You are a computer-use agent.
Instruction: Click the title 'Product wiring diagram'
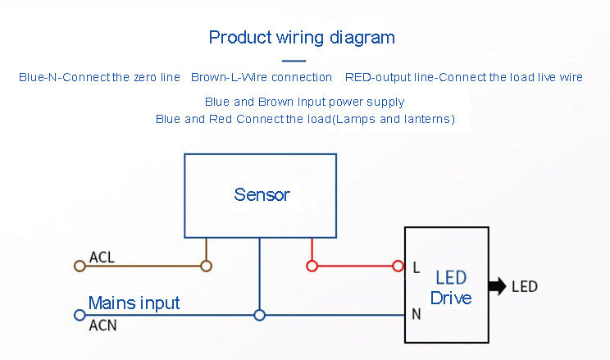point(302,39)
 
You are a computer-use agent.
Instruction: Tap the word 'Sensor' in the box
point(262,194)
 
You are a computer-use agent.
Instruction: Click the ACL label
point(102,257)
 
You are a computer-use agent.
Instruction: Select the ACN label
point(102,326)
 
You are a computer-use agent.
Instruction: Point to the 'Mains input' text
point(134,303)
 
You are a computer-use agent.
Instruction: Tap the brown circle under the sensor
point(206,267)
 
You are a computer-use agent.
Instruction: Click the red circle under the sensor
point(312,267)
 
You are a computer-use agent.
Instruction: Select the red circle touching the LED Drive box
point(398,267)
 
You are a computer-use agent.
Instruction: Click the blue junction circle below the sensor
point(259,315)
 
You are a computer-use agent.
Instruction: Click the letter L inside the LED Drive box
point(417,267)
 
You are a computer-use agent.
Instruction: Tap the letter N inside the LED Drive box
point(417,314)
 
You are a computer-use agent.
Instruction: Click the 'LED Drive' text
point(451,288)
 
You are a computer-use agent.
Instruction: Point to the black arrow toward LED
point(497,286)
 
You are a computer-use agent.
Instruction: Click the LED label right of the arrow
point(525,287)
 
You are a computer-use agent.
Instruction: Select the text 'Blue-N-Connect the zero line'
point(99,77)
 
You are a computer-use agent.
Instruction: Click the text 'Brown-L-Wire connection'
point(262,77)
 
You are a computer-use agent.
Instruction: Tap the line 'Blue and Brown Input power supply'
point(305,102)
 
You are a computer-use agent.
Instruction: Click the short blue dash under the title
point(294,61)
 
